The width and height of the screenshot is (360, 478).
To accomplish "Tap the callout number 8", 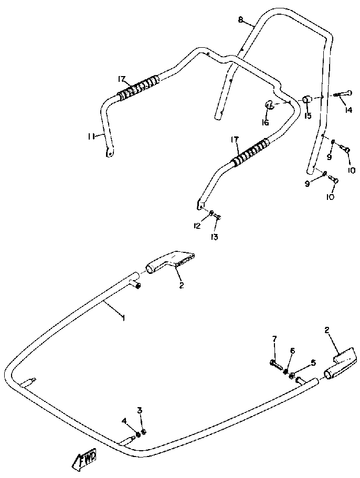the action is [240, 20].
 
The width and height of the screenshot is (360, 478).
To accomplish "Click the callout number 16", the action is [265, 123].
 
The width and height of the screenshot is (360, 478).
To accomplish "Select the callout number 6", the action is [293, 350].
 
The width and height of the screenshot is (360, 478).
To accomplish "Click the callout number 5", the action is [313, 362].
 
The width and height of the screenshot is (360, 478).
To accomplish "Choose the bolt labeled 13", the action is [217, 216].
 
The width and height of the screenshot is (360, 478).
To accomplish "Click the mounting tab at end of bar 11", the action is [109, 153].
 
